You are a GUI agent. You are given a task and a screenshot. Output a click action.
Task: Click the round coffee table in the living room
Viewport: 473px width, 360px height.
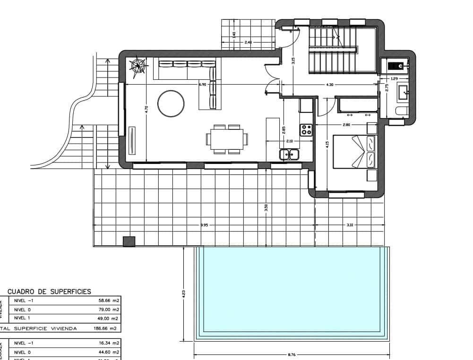[x=171, y=104]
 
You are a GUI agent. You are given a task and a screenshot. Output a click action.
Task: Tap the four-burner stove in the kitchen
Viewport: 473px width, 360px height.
[x=306, y=129]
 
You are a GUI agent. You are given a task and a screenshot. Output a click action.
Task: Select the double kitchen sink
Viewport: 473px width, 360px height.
[x=289, y=154]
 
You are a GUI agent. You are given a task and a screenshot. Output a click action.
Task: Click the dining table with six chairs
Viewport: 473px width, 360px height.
[x=226, y=139]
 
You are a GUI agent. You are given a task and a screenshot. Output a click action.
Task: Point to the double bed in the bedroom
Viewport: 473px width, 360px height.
[x=354, y=152]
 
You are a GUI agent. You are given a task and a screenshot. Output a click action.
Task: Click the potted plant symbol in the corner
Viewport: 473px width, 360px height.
[x=139, y=66]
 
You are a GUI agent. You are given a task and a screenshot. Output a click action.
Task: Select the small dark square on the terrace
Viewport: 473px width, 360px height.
[x=129, y=241]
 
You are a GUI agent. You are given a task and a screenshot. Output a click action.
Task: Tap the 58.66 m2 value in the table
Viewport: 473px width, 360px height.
[x=108, y=300]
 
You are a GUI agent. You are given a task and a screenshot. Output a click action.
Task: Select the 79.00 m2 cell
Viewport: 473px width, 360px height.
[x=108, y=309]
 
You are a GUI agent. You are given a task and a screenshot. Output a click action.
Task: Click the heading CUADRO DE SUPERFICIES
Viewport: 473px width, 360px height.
[x=49, y=291]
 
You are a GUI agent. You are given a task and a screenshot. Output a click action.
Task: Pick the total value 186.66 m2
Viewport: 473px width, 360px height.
[x=106, y=328]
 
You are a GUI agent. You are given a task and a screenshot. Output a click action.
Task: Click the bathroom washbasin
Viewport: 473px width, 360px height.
[x=403, y=91]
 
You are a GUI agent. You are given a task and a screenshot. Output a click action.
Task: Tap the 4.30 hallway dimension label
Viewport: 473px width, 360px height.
[x=330, y=84]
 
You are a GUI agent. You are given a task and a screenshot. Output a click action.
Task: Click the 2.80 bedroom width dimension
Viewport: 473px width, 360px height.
[x=346, y=125]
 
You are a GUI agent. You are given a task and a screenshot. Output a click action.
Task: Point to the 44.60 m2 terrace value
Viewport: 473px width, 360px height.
[x=108, y=352]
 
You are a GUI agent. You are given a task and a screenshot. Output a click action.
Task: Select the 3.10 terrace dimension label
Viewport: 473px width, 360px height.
[x=350, y=225]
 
